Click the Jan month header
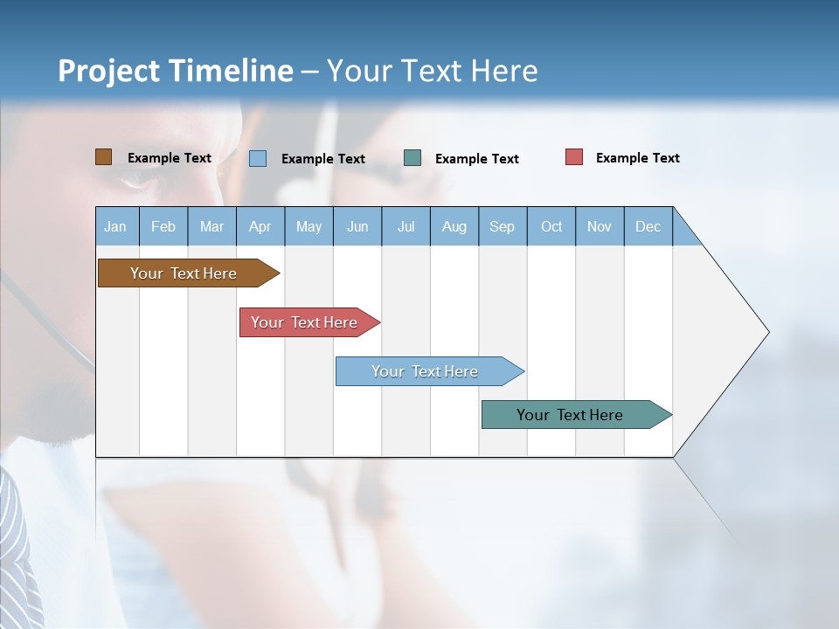coord(116,226)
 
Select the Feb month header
coord(163,226)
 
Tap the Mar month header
coord(211,226)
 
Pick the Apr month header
coord(260,226)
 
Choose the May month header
coord(309,226)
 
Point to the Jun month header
coord(357,226)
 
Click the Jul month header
coord(406,226)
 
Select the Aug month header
coord(454,226)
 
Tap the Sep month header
coord(503,226)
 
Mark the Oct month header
coord(551,226)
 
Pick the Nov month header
coord(600,226)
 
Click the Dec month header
coord(648,226)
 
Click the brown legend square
coord(104,157)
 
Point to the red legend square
coord(574,157)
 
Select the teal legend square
coord(413,158)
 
